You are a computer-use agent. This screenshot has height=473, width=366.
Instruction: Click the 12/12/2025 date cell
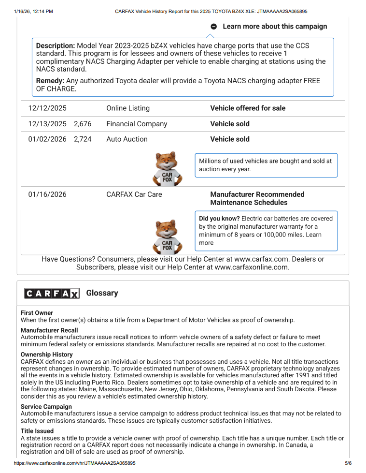pos(47,108)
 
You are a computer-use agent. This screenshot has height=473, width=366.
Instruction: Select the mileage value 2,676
pos(83,124)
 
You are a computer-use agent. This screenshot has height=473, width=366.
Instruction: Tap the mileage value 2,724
pos(83,139)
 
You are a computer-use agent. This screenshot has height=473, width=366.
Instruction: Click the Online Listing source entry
pos(128,108)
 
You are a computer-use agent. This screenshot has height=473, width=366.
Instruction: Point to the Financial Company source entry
pos(137,124)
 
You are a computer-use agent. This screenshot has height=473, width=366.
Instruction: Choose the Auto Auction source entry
pos(127,139)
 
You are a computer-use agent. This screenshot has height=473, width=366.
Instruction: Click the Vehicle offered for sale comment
pos(248,108)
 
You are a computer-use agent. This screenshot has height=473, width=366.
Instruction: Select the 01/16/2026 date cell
pos(47,194)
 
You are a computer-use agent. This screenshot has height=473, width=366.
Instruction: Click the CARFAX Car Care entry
pos(134,194)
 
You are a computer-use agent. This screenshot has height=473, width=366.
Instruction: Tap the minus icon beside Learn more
pos(214,27)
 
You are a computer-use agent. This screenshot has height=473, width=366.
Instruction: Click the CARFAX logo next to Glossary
pos(52,294)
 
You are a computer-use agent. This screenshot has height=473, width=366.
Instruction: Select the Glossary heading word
pos(102,293)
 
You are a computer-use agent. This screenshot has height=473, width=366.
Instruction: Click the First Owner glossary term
pos(37,313)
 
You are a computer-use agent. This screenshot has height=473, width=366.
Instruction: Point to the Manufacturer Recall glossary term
pos(49,330)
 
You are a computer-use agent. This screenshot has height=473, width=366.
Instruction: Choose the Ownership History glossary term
pos(47,355)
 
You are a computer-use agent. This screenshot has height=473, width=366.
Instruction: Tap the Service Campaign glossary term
pos(46,407)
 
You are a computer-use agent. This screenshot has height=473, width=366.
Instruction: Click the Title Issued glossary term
pos(37,431)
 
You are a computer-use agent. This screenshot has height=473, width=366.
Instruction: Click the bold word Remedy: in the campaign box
pos(50,81)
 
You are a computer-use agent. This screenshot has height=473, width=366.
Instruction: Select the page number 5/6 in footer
pos(348,463)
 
